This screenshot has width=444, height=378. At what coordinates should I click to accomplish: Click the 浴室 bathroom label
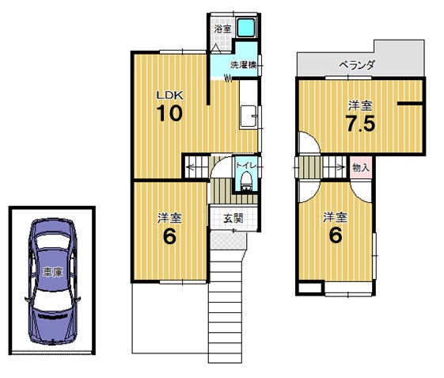tap(222, 29)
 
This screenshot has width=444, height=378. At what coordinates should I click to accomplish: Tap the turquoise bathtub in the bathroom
tap(246, 28)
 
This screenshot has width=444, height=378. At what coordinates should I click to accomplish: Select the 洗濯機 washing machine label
tap(244, 65)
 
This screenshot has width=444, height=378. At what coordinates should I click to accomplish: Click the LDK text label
tap(170, 95)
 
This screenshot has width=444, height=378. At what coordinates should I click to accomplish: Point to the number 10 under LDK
tap(169, 113)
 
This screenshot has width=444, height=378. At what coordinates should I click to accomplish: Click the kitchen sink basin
tap(248, 116)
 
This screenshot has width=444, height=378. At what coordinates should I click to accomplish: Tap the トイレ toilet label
tap(246, 166)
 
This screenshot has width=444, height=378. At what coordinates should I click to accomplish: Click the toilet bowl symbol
tap(246, 181)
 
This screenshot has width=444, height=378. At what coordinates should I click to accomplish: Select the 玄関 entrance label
tap(233, 219)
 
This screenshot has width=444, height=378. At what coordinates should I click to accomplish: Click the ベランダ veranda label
tap(357, 65)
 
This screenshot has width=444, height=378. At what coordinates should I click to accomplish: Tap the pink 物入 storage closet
tap(361, 167)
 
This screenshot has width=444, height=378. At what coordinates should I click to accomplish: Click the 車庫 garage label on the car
tap(52, 272)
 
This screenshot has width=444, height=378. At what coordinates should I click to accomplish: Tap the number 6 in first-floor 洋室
tap(169, 236)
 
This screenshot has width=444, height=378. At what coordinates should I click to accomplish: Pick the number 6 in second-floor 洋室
tap(336, 235)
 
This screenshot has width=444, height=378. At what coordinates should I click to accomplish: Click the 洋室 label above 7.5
tap(360, 105)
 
